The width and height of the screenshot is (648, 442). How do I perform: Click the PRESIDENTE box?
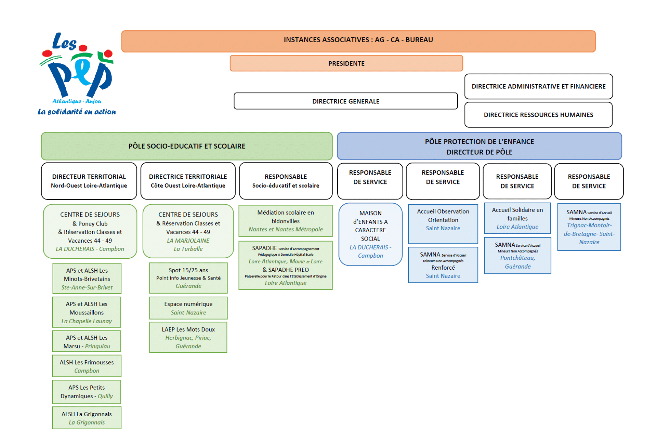point(346,63)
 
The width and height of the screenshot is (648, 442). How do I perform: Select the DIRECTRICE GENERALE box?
point(345,101)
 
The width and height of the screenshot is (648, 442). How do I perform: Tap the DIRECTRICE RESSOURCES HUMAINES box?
point(538,115)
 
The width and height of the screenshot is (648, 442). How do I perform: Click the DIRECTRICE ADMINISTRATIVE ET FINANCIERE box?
point(538,86)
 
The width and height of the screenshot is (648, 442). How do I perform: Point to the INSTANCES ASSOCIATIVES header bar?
point(358,40)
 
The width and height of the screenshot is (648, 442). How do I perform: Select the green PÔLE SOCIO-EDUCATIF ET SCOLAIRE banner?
point(187,146)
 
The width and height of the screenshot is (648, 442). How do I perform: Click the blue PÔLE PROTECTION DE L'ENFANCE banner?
point(479,146)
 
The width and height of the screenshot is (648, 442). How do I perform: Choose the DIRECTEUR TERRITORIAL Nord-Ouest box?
point(89,181)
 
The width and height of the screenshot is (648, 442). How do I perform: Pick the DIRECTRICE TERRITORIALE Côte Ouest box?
point(188,181)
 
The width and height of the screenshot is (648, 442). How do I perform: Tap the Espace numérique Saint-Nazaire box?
point(188,308)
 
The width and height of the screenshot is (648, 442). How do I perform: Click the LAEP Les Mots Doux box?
point(188,337)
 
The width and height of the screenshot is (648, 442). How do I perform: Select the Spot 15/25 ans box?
point(188,278)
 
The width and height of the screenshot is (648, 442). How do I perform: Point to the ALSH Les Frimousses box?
point(87,366)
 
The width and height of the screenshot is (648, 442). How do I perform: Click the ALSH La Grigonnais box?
point(87,418)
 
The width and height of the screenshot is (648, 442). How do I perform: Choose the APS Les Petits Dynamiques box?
point(87,392)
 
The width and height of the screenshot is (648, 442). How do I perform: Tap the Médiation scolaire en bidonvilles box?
point(286,221)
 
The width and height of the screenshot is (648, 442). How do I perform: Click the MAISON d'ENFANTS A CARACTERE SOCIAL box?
point(370,234)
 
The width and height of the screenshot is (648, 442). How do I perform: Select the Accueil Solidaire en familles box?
point(517,218)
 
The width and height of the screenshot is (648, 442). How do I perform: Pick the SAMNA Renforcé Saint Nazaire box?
point(443,265)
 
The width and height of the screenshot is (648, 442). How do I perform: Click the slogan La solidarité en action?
point(77,112)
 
